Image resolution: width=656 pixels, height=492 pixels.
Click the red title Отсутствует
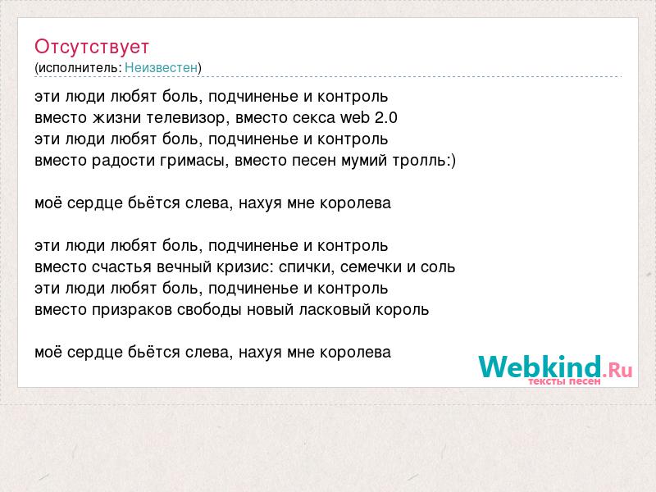pyautogui.click(x=92, y=47)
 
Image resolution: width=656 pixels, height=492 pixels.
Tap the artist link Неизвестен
pyautogui.click(x=161, y=68)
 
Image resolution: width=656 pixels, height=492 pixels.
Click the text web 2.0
pyautogui.click(x=368, y=117)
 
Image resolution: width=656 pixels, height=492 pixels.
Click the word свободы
pyautogui.click(x=209, y=310)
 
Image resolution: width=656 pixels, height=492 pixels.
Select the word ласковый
pyautogui.click(x=335, y=310)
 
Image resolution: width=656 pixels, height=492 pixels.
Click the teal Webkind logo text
pyautogui.click(x=540, y=367)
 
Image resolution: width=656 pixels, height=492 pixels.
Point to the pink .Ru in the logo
pyautogui.click(x=617, y=370)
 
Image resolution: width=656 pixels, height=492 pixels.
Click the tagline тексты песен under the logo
pyautogui.click(x=564, y=381)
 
